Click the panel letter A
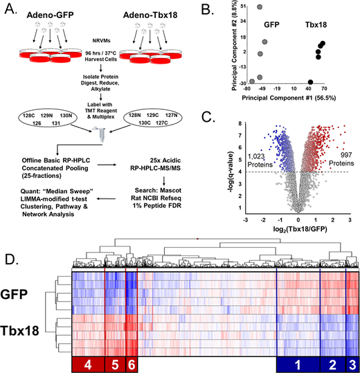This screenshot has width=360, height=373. click(10, 9)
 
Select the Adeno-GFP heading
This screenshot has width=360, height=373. click(51, 15)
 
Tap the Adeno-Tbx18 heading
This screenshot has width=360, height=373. click(150, 15)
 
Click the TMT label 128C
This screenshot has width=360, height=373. click(29, 116)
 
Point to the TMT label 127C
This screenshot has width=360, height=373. click(162, 122)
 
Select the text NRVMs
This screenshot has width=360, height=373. click(101, 41)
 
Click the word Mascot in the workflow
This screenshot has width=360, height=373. click(170, 190)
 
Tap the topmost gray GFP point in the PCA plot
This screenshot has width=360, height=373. click(260, 7)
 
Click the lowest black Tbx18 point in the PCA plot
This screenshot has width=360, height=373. click(310, 82)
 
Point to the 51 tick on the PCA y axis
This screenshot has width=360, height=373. click(243, 6)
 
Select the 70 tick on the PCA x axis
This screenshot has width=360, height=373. click(324, 89)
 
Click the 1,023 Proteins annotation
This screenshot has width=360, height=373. click(260, 161)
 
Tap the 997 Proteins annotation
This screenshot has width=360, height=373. click(341, 159)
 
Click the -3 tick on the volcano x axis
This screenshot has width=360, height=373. click(246, 220)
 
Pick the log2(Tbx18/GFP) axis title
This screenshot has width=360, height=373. click(300, 229)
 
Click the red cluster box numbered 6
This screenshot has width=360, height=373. click(132, 364)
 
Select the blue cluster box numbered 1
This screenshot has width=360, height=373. click(298, 364)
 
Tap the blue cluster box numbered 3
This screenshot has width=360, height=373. click(352, 364)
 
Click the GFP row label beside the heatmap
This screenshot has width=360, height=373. click(14, 294)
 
